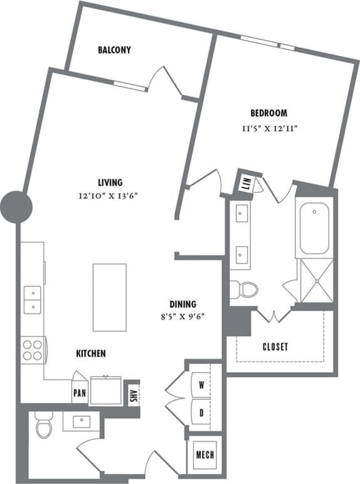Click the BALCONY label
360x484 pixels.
[x=114, y=50]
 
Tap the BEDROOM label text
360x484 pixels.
[x=269, y=114]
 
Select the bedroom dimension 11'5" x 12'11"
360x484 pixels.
[x=269, y=128]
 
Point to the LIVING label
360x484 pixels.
[x=110, y=183]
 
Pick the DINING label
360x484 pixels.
[x=182, y=303]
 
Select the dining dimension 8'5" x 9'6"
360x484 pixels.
[x=182, y=317]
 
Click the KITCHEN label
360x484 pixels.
[x=91, y=354]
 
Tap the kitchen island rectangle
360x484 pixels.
[x=109, y=288]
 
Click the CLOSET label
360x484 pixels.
[x=275, y=347]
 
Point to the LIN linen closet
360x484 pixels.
[x=245, y=184]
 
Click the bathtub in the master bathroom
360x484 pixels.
[x=315, y=229]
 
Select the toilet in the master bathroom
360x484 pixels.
[x=245, y=290]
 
